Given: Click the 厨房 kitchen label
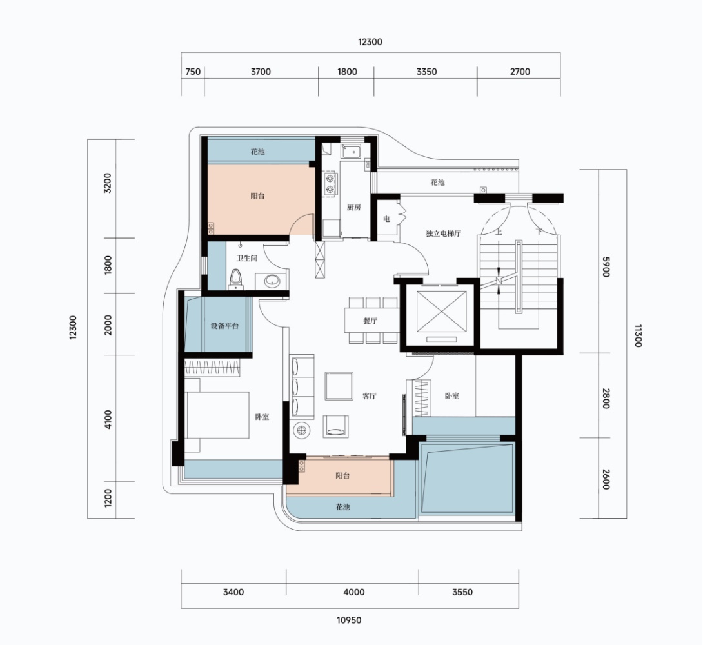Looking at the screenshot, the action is coord(353,208).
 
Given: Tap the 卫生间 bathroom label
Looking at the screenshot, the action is coord(247,258).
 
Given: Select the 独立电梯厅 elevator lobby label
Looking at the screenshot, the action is coord(444,233).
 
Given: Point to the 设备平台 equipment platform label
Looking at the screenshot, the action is coord(224,326).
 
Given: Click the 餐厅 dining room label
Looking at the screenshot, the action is coord(370,321).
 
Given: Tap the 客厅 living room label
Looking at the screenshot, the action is coord(370,396).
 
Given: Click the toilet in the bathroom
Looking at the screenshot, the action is coord(236,279).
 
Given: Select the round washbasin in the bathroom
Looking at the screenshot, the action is coord(273,281).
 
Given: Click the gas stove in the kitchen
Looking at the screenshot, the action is coord(330,183).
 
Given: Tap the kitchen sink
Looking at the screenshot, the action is coord(352,152).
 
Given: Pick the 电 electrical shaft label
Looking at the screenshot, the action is coord(386,219).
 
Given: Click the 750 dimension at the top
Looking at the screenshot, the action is coord(193,72).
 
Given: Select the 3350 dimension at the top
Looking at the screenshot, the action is coord(426,72).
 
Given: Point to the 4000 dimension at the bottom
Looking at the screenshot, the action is coord(353,592).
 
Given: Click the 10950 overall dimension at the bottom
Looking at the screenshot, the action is coord(349,620).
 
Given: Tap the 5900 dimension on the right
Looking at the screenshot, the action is coord(606,266).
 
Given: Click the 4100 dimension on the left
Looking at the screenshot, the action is coord(108,419).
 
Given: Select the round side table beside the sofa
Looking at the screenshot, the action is coord(302,430).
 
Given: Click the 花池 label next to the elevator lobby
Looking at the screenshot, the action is coord(437,183).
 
